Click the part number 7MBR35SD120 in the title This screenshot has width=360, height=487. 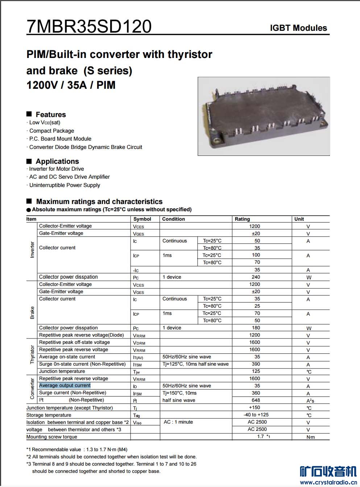[x=89, y=26]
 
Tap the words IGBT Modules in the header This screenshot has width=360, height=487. [x=298, y=28]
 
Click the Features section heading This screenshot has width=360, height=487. [x=50, y=115]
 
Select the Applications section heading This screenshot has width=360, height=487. [x=57, y=161]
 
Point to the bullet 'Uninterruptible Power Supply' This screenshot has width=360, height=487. [x=65, y=185]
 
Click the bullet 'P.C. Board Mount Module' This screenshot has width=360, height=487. [x=60, y=139]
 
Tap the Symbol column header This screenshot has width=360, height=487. [x=142, y=219]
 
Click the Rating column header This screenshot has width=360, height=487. [x=242, y=219]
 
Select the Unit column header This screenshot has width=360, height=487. [x=299, y=219]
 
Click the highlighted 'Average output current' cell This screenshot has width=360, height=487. [x=65, y=386]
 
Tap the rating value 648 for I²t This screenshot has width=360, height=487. [x=256, y=400]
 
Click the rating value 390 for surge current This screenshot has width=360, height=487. [x=256, y=364]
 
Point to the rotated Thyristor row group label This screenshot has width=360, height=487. [x=32, y=354]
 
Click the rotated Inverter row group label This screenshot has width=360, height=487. [x=32, y=250]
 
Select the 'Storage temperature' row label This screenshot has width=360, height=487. [x=49, y=415]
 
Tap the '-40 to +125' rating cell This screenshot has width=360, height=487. [x=256, y=415]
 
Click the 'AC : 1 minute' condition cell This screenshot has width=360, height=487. [x=178, y=422]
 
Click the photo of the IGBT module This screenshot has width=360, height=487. [x=264, y=116]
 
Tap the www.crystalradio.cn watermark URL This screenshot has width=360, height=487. [x=328, y=482]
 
